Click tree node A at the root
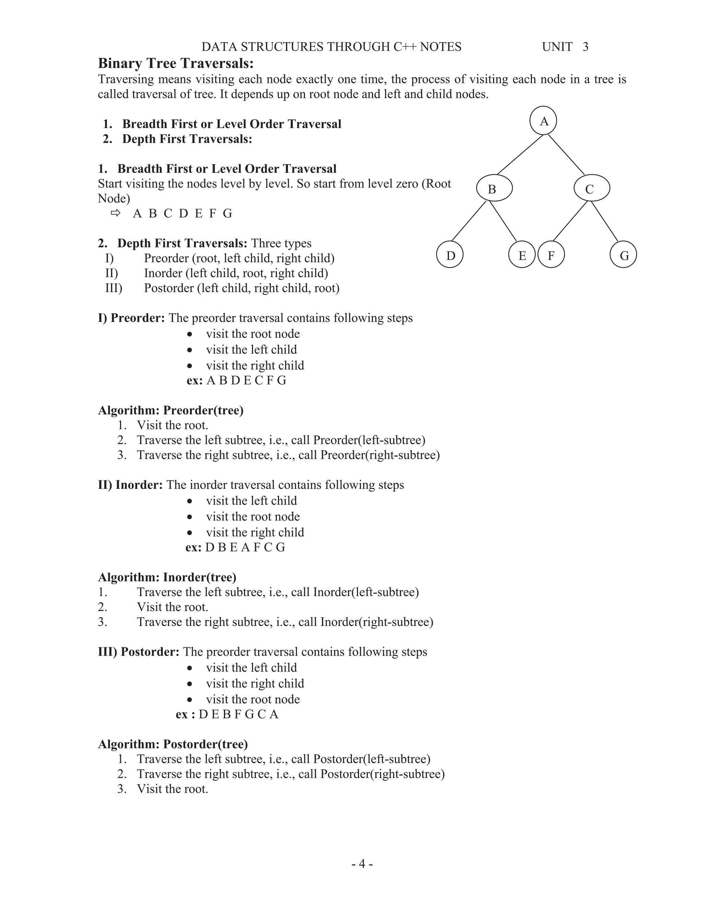tap(543, 121)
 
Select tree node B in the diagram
tap(494, 189)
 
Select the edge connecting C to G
tap(605, 221)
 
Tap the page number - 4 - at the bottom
tap(362, 864)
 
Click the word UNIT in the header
tap(557, 47)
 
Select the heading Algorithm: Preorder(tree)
tap(171, 410)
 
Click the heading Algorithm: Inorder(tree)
tap(167, 577)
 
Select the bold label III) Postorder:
tap(139, 652)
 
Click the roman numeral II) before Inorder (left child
tap(112, 273)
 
